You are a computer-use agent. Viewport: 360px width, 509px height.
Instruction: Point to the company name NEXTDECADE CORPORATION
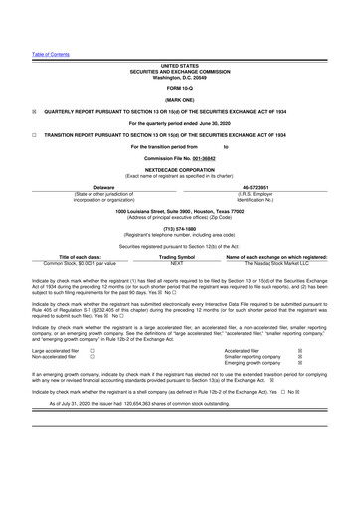click(180, 169)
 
